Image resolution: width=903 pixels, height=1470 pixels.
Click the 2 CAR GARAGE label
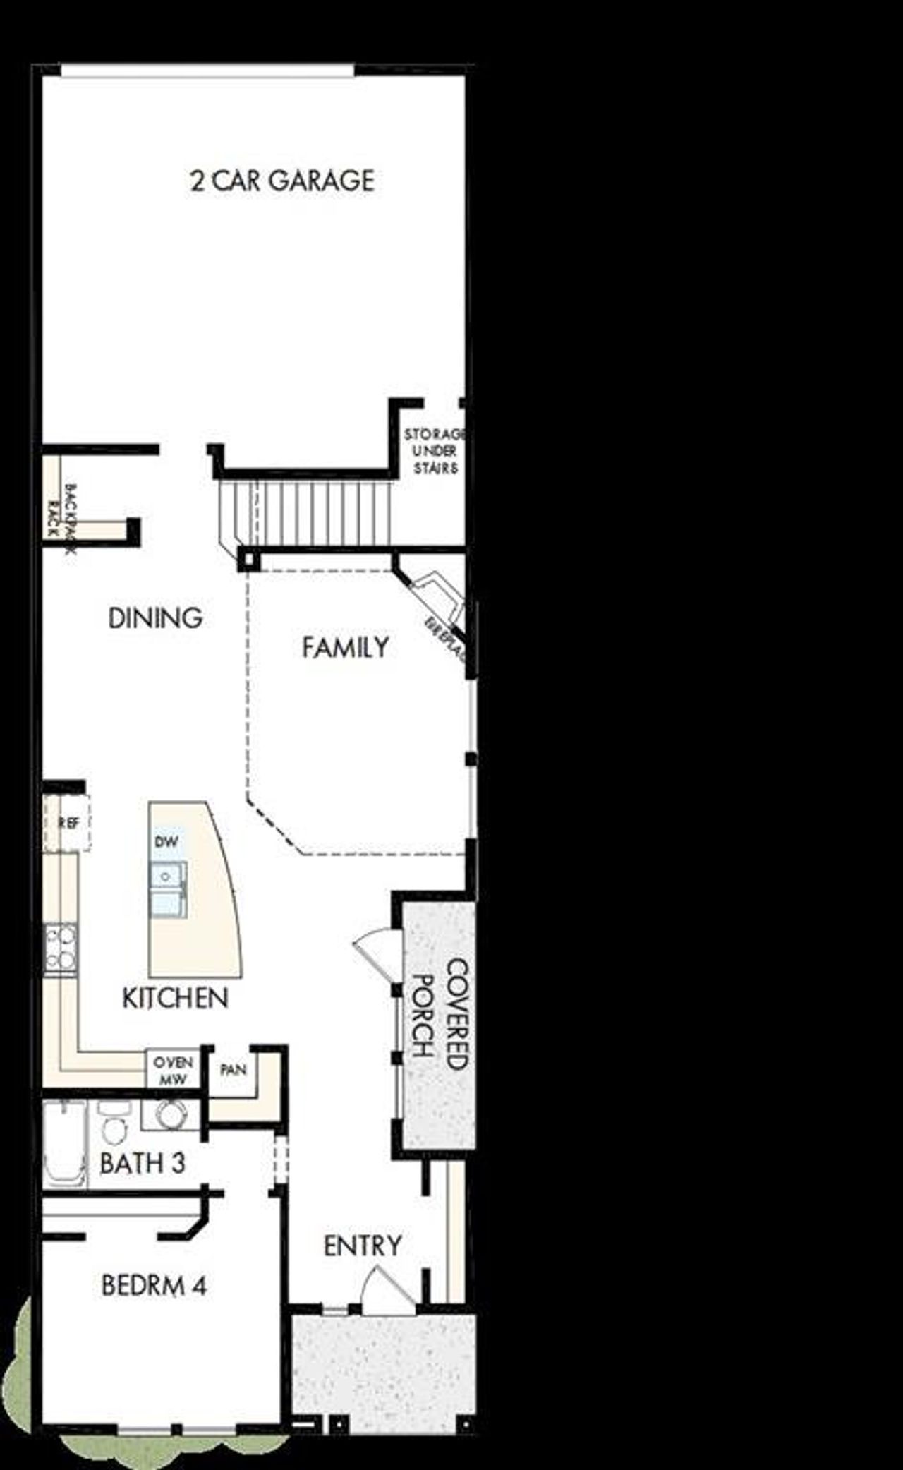click(282, 181)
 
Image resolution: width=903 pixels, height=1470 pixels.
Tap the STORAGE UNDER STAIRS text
click(435, 451)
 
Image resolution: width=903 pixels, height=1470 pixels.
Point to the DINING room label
click(155, 618)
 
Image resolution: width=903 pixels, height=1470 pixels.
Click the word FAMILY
click(345, 647)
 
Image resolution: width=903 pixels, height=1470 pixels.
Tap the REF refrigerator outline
click(67, 823)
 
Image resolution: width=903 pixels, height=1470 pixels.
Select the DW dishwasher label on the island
click(166, 841)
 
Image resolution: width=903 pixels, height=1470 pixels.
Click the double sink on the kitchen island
click(168, 889)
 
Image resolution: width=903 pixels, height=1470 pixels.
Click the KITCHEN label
click(175, 998)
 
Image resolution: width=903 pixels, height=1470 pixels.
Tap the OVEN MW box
click(172, 1071)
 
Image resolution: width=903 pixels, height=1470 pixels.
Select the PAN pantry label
click(233, 1070)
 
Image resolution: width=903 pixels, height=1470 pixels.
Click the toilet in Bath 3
click(113, 1126)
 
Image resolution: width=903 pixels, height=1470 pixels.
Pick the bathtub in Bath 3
click(63, 1143)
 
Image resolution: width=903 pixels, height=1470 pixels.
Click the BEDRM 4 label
click(154, 1285)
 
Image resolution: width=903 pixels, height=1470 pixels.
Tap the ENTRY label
click(363, 1246)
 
